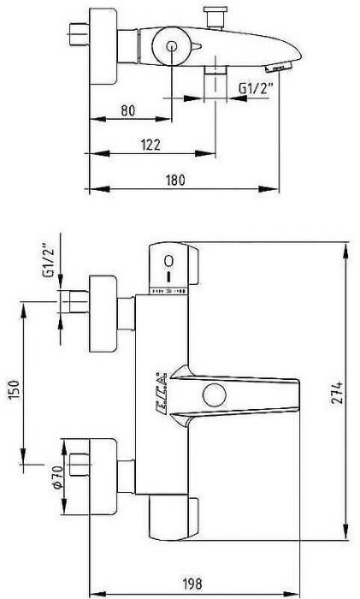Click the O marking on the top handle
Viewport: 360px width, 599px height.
pyautogui.click(x=169, y=260)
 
